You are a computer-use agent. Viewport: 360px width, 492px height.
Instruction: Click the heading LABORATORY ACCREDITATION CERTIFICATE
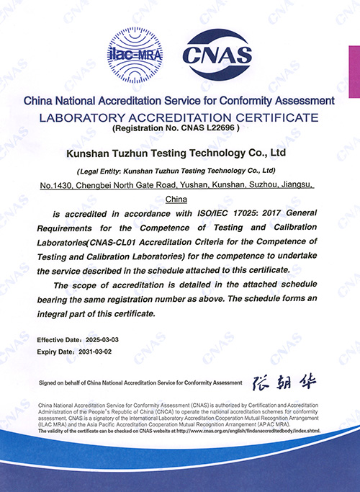click(179, 116)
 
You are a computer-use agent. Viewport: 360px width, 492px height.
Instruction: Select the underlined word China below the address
click(176, 200)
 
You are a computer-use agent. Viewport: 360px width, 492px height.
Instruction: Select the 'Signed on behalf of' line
click(136, 382)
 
